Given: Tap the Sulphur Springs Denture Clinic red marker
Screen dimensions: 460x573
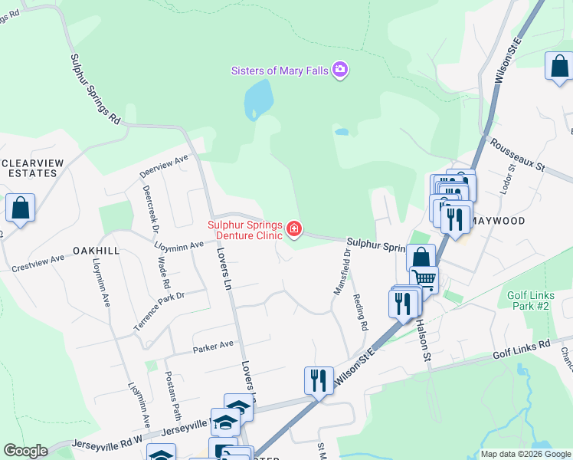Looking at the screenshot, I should click(293, 229).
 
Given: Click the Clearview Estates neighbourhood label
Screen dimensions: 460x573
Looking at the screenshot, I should click(29, 168).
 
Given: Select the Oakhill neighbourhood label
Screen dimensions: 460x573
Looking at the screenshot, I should click(97, 251).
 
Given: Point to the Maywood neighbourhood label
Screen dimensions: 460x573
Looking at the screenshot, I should click(499, 221).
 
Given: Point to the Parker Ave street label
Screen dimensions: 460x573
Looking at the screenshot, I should click(215, 345).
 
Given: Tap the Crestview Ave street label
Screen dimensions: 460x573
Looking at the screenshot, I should click(38, 263).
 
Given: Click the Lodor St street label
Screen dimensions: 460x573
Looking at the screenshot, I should click(504, 183).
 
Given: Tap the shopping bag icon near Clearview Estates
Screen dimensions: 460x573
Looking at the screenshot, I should click(20, 209).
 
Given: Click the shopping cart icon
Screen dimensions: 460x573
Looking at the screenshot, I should click(424, 279).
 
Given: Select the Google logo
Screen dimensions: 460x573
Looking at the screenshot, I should click(25, 451).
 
